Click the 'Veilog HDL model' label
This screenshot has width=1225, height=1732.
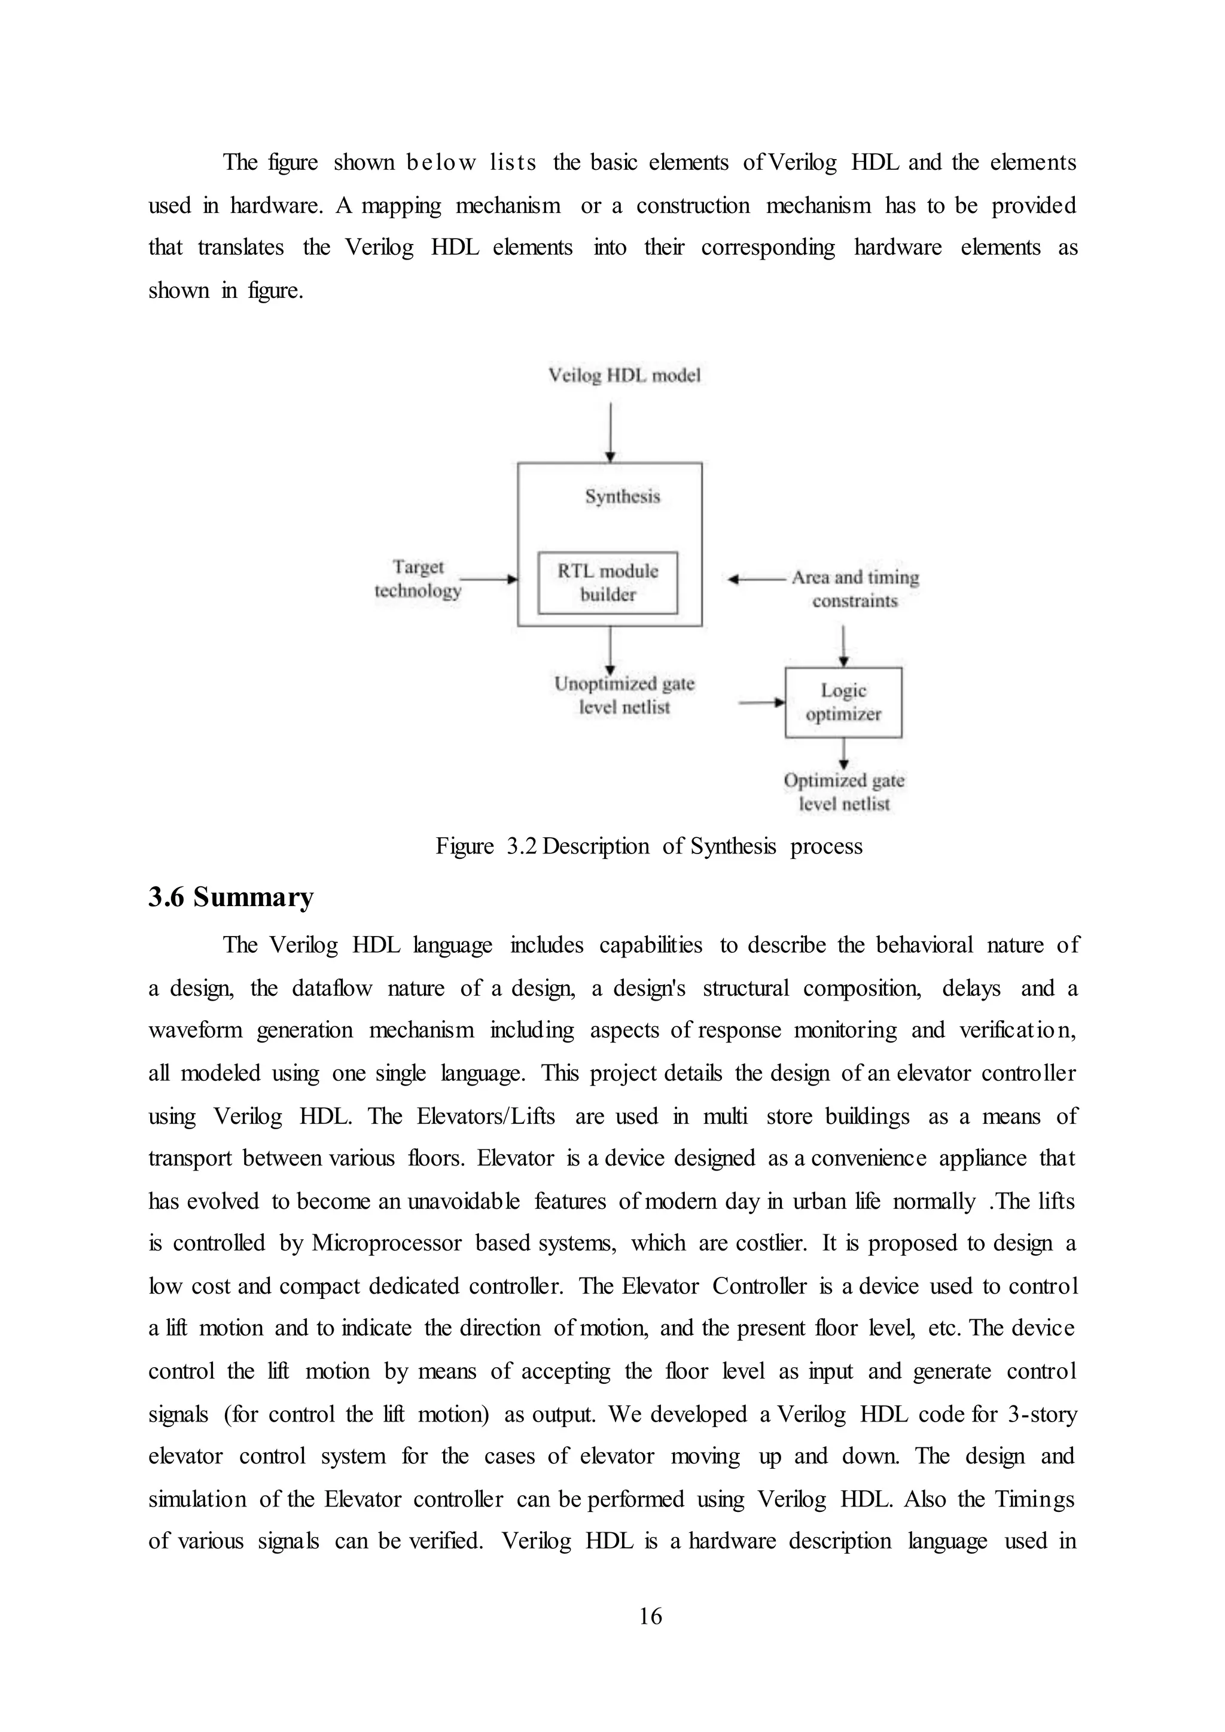[x=624, y=375]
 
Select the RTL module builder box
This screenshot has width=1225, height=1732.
[x=607, y=583]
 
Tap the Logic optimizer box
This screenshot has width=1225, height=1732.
[x=843, y=702]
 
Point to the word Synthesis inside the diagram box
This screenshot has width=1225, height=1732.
[x=622, y=496]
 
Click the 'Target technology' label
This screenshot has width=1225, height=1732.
[x=418, y=578]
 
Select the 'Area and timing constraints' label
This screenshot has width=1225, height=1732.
[x=855, y=588]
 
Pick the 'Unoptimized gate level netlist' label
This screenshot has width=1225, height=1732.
[x=624, y=695]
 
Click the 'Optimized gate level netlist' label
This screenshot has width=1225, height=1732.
[x=844, y=791]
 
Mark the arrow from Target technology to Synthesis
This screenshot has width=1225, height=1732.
[x=488, y=580]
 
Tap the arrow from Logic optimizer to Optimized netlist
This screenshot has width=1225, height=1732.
[x=843, y=754]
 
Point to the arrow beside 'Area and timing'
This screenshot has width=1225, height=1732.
[x=757, y=580]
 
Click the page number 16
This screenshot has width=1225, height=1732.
[x=650, y=1616]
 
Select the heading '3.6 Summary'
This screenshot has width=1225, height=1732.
[x=231, y=898]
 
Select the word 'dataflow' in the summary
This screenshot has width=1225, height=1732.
[x=332, y=988]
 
